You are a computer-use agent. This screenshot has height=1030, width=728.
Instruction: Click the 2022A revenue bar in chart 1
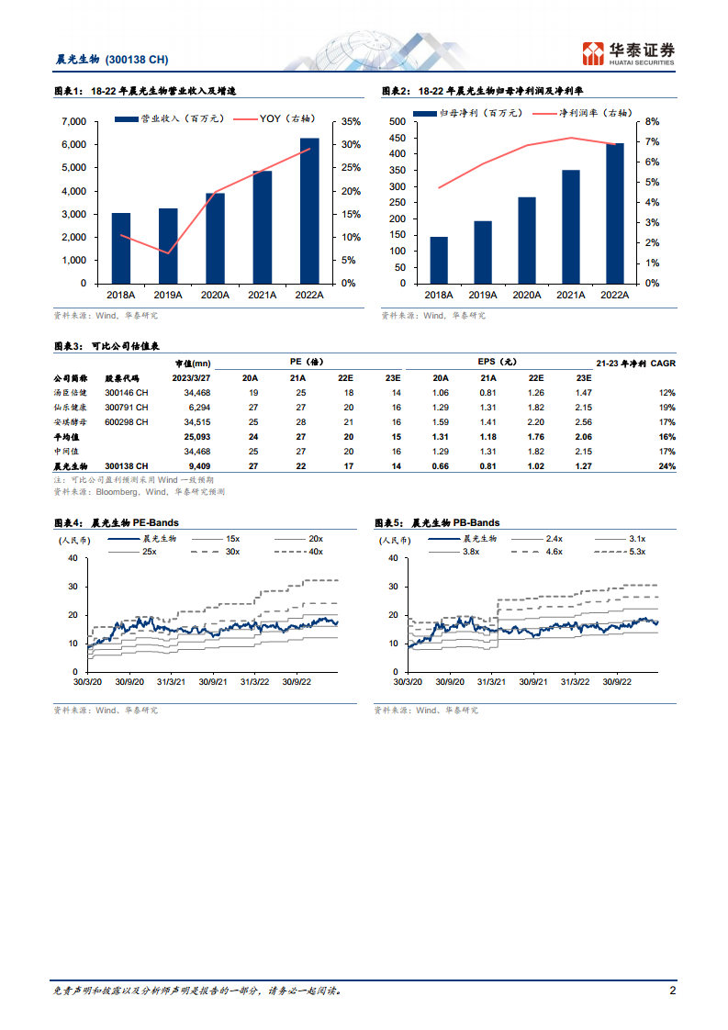(x=309, y=211)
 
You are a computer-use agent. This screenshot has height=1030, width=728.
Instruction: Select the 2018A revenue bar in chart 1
(x=121, y=248)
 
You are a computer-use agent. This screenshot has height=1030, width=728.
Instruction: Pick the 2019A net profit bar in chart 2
(x=483, y=252)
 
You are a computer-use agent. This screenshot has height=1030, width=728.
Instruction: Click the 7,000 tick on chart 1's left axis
(x=73, y=122)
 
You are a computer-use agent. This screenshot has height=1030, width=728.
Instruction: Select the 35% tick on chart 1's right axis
(x=350, y=122)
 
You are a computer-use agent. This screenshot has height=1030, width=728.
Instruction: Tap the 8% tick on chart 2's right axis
(x=653, y=122)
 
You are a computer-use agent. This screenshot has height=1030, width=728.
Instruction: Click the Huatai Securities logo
(x=629, y=53)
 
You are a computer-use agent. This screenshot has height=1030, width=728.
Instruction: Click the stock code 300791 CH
(x=127, y=407)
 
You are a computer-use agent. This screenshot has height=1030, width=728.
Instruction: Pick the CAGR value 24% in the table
(x=667, y=466)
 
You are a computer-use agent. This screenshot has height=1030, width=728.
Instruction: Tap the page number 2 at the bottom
(x=672, y=991)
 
